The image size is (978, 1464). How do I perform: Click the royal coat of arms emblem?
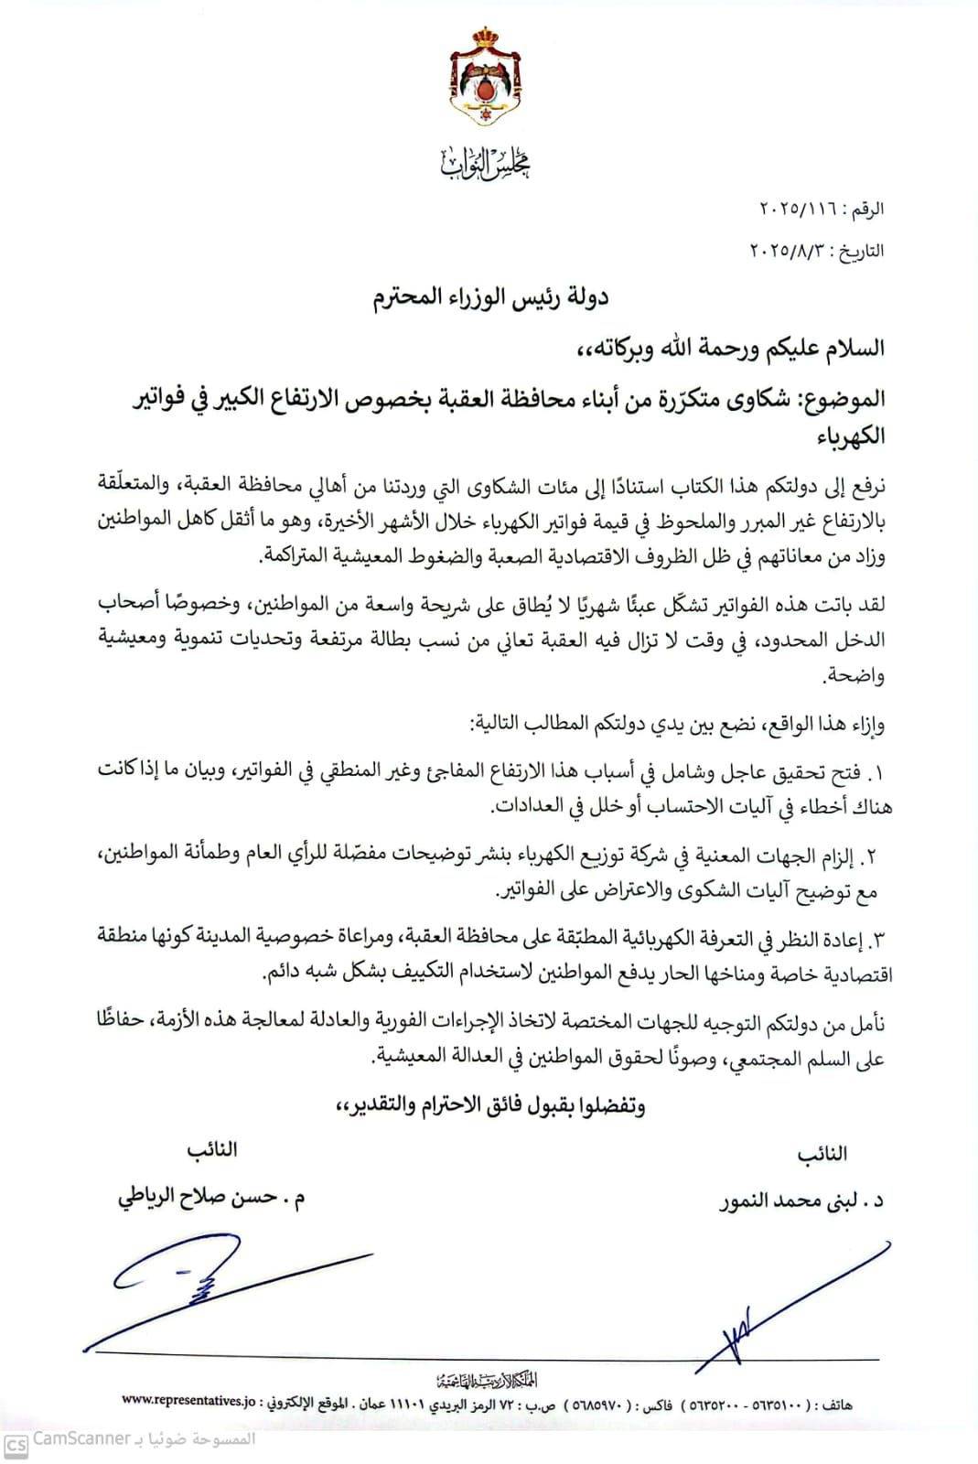click(489, 79)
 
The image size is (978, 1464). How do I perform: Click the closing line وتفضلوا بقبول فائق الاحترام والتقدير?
click(490, 1106)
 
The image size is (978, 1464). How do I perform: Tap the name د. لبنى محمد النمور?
click(802, 1201)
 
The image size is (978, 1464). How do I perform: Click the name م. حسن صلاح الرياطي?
click(211, 1198)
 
